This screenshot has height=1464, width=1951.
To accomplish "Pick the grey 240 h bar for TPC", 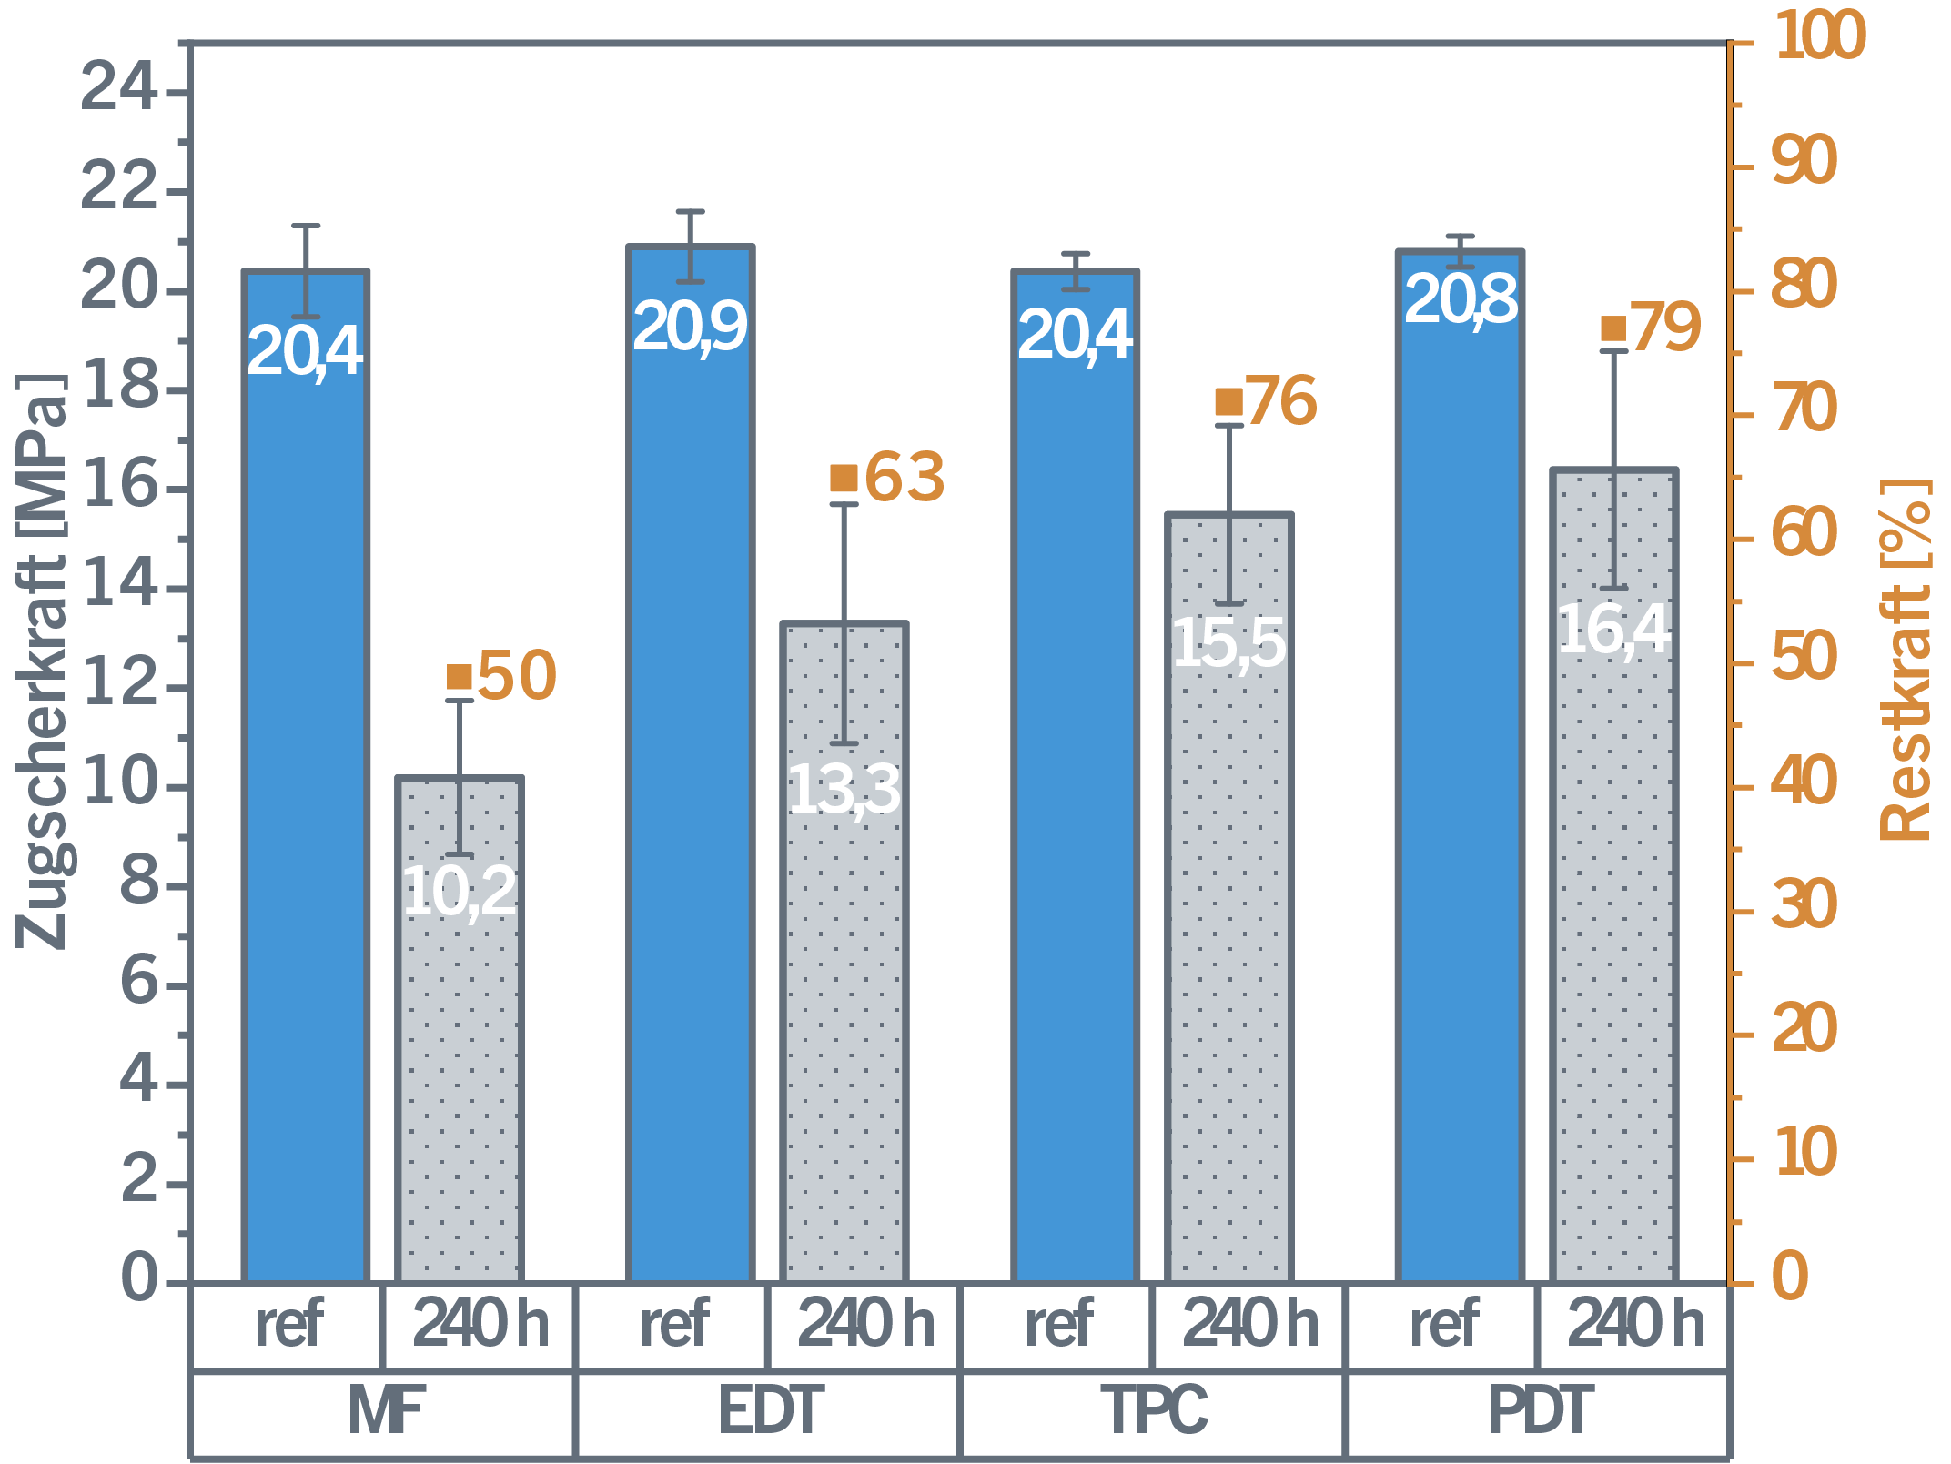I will (1228, 955).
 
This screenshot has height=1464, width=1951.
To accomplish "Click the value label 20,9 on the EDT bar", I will (690, 328).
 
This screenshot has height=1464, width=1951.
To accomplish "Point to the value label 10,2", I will (460, 892).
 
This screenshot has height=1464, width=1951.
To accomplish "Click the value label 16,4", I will (1613, 630).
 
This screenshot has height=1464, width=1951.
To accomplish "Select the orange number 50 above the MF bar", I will (517, 676).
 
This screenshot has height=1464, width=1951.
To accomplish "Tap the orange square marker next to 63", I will (844, 478).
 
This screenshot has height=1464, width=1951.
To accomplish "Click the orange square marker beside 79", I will (1612, 328).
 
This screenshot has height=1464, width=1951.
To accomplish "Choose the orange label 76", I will (1281, 401).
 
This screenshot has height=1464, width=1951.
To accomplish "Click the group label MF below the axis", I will (385, 1411).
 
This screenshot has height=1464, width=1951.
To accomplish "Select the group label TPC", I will (1154, 1411).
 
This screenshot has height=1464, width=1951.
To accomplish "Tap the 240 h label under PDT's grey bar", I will (1634, 1325).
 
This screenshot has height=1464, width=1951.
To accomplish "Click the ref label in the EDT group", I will (674, 1325).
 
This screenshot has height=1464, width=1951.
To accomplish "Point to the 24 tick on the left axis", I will (118, 91).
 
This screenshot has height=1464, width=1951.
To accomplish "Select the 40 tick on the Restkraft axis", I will (1804, 783).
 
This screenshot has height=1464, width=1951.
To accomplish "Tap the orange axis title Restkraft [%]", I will (1906, 660).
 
